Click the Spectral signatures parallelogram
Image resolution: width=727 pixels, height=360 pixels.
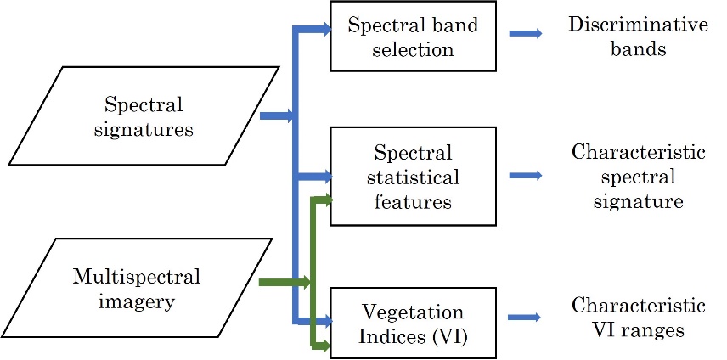click(144, 116)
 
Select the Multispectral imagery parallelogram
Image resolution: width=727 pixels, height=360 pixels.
click(136, 289)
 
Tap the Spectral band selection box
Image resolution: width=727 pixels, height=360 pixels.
click(413, 36)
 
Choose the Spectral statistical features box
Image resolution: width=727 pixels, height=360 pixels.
click(413, 177)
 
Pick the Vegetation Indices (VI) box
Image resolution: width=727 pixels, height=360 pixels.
click(413, 323)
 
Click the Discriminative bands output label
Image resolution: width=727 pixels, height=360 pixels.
click(638, 36)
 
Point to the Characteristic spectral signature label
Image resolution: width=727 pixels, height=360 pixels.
click(638, 177)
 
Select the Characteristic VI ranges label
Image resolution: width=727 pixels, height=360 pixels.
click(638, 317)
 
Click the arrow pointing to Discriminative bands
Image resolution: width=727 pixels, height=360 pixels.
click(526, 34)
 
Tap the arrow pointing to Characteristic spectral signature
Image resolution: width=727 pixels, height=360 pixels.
click(526, 176)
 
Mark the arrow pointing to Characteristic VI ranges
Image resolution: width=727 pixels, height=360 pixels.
click(526, 318)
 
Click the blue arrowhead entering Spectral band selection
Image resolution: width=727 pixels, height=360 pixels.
click(324, 30)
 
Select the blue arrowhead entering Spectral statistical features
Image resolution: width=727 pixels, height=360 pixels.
click(324, 177)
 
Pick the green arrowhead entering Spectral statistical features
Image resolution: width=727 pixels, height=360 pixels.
click(326, 200)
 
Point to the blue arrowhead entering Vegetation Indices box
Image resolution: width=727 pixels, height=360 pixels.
click(324, 322)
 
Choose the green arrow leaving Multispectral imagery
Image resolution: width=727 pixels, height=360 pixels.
click(283, 282)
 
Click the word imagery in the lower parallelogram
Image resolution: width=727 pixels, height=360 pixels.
click(136, 300)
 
